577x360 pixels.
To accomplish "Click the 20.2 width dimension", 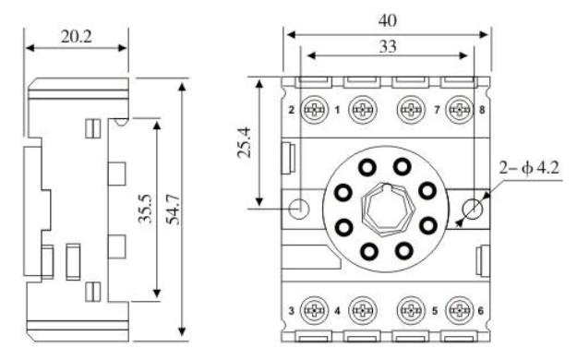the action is [77, 36].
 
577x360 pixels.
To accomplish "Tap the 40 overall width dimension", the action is [388, 20].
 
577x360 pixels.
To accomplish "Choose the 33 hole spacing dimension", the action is [388, 46].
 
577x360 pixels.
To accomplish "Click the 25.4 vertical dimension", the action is [244, 142].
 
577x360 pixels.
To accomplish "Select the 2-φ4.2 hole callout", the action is [529, 167].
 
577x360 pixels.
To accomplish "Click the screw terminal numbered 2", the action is [314, 110].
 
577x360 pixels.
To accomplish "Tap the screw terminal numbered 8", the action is [459, 110].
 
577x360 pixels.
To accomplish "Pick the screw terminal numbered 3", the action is [314, 311].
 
